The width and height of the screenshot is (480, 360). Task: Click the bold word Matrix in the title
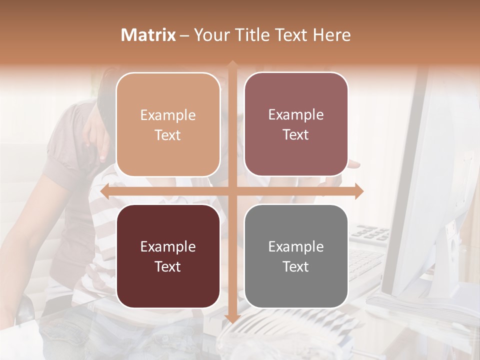pos(148,35)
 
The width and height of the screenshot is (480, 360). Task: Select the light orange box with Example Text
pos(168,124)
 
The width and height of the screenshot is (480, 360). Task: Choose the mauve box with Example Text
pos(296,124)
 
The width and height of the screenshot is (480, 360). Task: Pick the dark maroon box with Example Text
pos(168,256)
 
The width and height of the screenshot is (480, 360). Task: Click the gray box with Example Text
pos(296,256)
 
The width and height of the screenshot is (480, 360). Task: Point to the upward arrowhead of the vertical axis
pos(232,64)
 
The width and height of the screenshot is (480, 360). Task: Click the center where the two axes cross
pos(232,191)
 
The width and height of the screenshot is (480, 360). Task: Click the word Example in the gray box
pos(296,246)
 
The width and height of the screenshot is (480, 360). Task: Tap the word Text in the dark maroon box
pos(168,266)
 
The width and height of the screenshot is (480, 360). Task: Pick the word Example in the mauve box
pos(296,114)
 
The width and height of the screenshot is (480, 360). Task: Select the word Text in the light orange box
pos(168,135)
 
